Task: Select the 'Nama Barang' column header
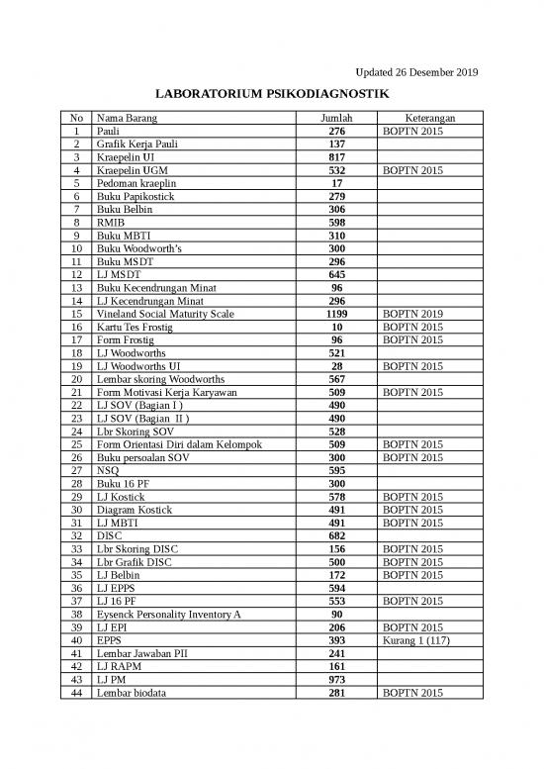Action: [x=125, y=118]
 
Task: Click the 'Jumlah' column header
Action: [x=336, y=118]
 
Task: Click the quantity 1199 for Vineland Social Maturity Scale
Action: [x=336, y=314]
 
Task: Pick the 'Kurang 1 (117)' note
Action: [x=416, y=639]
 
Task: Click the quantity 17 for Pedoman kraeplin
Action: [x=336, y=183]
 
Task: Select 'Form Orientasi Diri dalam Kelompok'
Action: [x=178, y=444]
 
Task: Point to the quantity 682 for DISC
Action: [x=336, y=535]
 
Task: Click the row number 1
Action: [x=76, y=131]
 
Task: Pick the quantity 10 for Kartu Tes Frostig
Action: [x=336, y=327]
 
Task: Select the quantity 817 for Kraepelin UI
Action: [x=336, y=157]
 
